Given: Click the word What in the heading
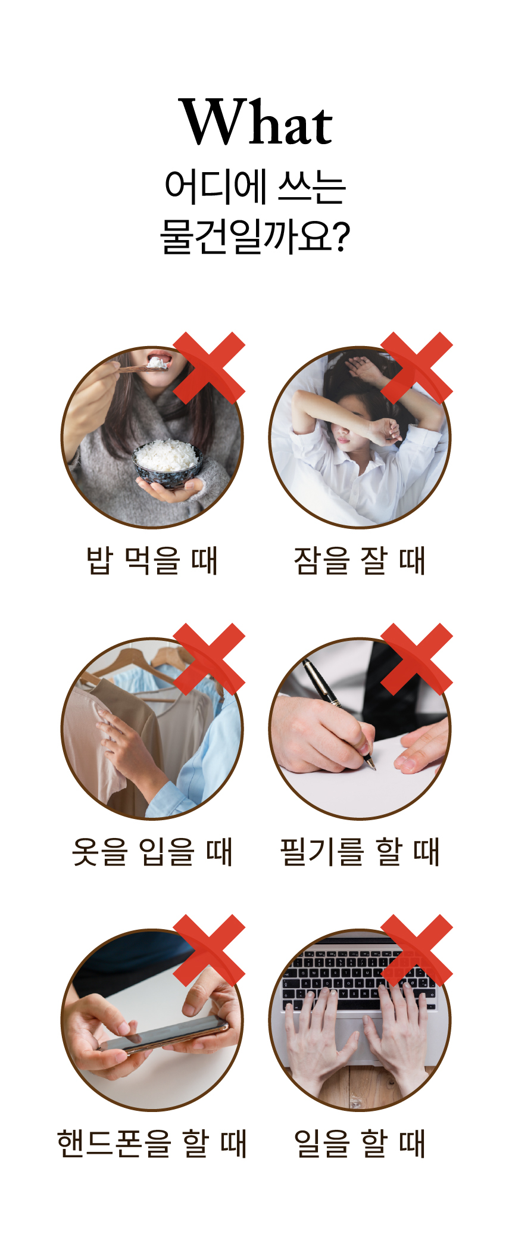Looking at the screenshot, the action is click(x=255, y=122).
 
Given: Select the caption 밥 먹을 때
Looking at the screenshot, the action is click(x=152, y=560).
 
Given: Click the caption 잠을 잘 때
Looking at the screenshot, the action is click(x=360, y=560).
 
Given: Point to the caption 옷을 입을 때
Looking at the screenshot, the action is click(x=152, y=852).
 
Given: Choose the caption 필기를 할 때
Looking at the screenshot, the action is click(x=360, y=852).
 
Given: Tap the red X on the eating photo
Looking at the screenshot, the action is click(x=209, y=367).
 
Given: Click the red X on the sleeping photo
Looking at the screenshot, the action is click(x=417, y=367).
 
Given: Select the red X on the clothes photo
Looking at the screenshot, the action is click(x=209, y=659).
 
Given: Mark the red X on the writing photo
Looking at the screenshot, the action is click(x=417, y=659).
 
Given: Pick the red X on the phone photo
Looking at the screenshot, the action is click(x=209, y=950).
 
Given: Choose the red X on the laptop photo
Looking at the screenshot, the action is click(x=417, y=950).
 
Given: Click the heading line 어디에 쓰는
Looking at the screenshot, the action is click(x=255, y=187).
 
